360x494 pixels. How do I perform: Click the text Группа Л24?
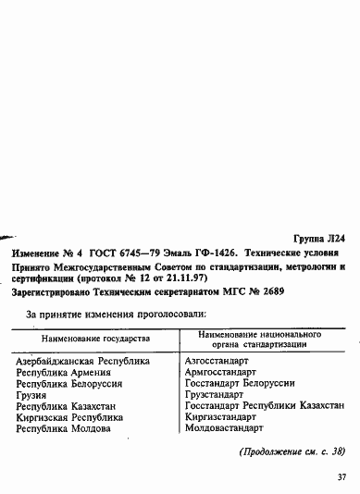tap(318, 238)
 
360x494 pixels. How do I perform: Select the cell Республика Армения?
tap(60, 370)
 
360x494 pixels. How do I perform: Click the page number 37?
tap(341, 477)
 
